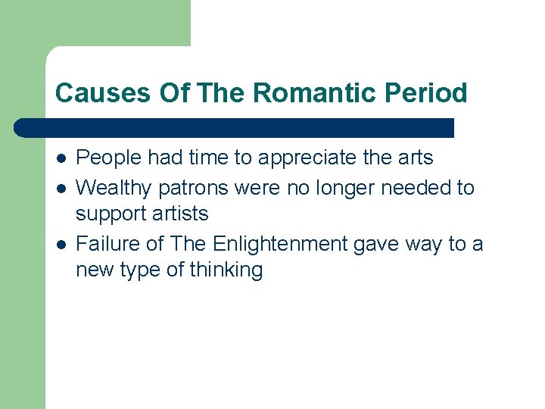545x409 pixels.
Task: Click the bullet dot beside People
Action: click(61, 158)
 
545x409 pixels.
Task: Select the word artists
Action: click(180, 214)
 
